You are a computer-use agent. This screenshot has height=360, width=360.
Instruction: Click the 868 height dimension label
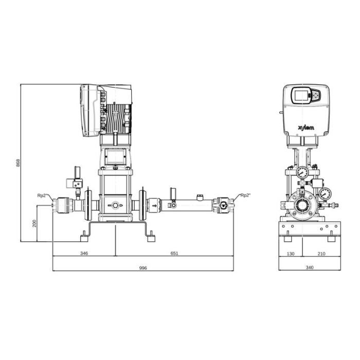[18, 163]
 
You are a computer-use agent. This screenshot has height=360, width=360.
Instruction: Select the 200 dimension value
[34, 223]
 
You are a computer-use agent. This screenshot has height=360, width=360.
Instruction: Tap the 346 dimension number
[84, 253]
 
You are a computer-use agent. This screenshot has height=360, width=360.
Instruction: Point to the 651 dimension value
[174, 253]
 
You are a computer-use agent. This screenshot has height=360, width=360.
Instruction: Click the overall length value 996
[143, 268]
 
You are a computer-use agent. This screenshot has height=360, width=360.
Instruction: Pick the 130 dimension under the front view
[291, 254]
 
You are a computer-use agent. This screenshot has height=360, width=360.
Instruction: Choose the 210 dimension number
[321, 254]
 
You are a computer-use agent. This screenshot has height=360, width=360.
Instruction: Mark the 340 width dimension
[310, 267]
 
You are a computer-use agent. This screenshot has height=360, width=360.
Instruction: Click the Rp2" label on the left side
[42, 195]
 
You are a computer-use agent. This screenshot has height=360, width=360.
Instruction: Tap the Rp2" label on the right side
[245, 195]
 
